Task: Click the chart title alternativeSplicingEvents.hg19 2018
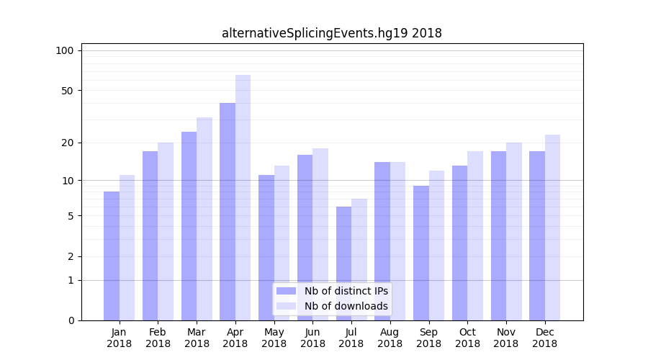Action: point(331,33)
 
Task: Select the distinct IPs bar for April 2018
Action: point(228,212)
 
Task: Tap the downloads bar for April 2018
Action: point(243,197)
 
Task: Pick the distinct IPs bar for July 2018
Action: point(343,264)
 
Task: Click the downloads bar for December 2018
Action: point(552,228)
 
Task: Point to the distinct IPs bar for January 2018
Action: point(112,256)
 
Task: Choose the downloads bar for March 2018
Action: point(204,219)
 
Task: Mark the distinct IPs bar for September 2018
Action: point(421,253)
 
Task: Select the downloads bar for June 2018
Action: point(320,234)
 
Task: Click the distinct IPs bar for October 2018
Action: point(459,243)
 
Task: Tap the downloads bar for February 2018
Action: point(166,231)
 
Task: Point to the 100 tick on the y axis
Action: point(65,50)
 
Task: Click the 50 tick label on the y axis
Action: point(67,91)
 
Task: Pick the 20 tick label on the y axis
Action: point(67,143)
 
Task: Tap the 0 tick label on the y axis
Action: point(71,320)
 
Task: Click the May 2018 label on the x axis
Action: point(274,338)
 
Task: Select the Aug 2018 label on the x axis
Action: point(390,338)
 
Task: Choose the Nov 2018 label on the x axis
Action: point(505,338)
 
